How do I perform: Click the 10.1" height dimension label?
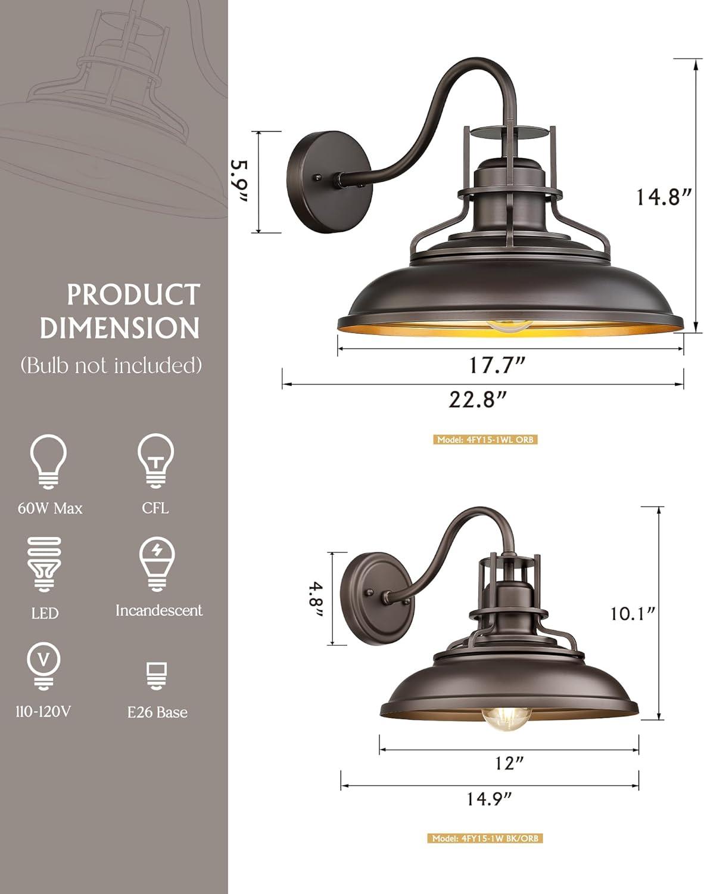pos(633,613)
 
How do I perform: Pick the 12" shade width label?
pos(509,762)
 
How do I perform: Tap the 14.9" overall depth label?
pos(489,798)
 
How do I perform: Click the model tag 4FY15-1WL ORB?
pos(485,440)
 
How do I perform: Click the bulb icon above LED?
pos(45,564)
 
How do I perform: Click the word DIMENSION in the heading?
pos(119,328)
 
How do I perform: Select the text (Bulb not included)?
pos(111,365)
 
